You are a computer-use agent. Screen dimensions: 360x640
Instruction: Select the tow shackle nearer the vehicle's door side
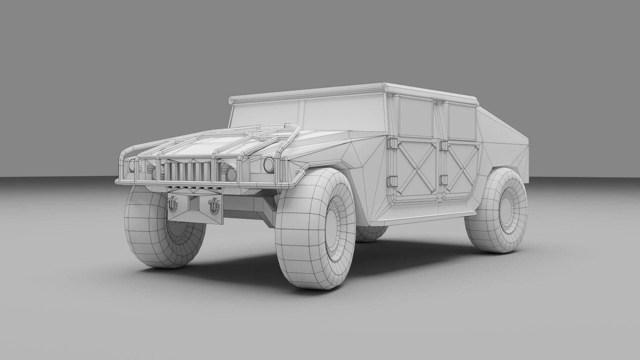point(213,205)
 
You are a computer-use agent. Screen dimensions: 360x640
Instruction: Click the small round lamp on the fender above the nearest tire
point(268,163)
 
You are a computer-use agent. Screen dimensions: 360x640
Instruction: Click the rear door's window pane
point(462,121)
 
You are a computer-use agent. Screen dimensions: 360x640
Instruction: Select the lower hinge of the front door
point(391,182)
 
